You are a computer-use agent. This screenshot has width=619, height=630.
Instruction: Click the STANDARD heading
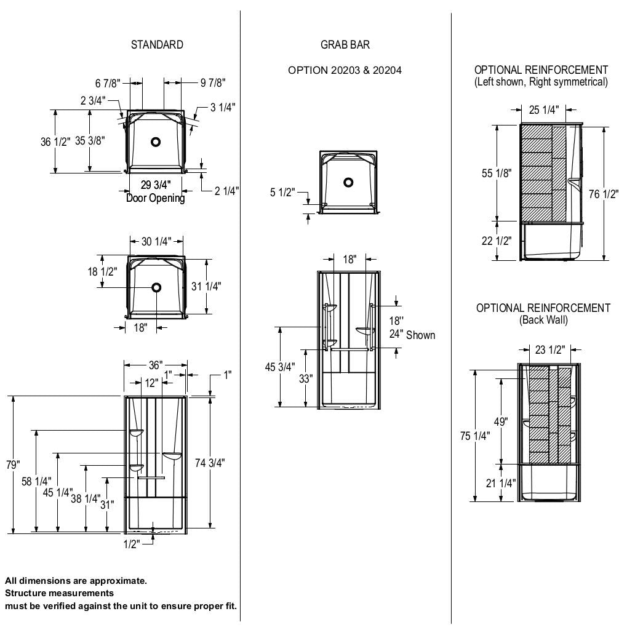[157, 45]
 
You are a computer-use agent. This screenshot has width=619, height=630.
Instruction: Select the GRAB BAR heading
[345, 45]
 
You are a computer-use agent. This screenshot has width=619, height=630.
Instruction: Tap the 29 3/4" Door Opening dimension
[156, 185]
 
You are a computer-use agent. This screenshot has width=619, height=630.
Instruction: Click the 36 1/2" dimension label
[54, 142]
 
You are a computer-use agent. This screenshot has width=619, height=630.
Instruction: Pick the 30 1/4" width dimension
[156, 242]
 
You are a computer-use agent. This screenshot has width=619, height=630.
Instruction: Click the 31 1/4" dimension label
[207, 286]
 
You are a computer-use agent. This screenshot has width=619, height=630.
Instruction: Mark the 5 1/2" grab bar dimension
[283, 193]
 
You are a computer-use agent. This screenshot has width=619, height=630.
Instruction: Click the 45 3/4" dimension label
[280, 367]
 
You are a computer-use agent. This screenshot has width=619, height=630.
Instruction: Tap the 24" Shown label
[412, 335]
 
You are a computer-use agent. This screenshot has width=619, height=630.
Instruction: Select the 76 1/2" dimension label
[603, 194]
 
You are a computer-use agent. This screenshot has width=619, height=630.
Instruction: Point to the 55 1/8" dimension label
[497, 173]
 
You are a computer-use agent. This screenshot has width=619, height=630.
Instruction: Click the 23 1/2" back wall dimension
[549, 350]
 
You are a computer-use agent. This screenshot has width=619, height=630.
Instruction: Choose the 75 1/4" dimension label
[475, 436]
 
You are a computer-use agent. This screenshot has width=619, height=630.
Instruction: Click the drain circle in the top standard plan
[156, 142]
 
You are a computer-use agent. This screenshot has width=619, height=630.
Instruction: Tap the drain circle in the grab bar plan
[348, 183]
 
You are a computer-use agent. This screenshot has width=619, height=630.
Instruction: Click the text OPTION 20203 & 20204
[345, 70]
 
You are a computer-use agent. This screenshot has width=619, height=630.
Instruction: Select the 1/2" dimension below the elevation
[131, 544]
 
